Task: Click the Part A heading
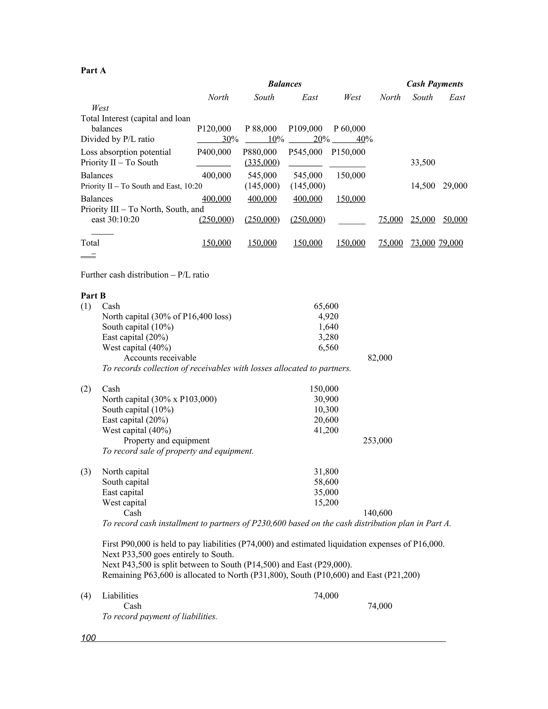click(x=93, y=70)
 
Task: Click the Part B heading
click(x=93, y=296)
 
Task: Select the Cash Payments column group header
click(x=435, y=84)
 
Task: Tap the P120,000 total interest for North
click(x=214, y=129)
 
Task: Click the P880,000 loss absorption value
click(x=260, y=152)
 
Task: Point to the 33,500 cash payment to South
click(x=423, y=163)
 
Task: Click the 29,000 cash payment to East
click(x=455, y=186)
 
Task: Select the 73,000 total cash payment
click(x=423, y=243)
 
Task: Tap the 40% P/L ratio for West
click(x=364, y=140)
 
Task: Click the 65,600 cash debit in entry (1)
click(x=326, y=306)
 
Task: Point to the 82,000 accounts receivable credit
click(x=380, y=358)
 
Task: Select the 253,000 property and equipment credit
click(x=378, y=441)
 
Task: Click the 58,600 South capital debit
click(x=326, y=482)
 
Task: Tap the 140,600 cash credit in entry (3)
click(x=378, y=513)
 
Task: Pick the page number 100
click(x=88, y=638)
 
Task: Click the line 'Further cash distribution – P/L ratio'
click(x=145, y=275)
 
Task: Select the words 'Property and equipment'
click(x=166, y=441)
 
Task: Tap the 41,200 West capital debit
click(x=326, y=430)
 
